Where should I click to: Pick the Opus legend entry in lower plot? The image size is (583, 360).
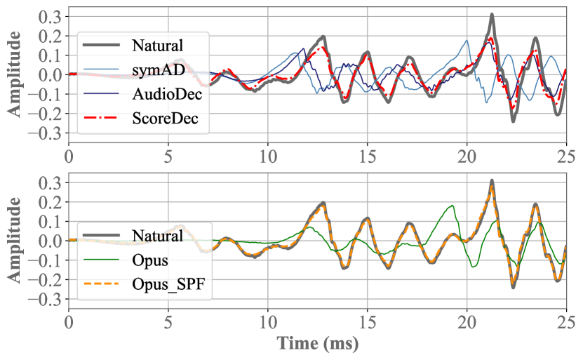pyautogui.click(x=149, y=260)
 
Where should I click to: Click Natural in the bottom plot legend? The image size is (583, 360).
pyautogui.click(x=158, y=236)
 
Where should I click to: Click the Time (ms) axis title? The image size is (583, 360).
pyautogui.click(x=318, y=345)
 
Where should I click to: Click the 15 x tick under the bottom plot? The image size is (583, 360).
pyautogui.click(x=368, y=322)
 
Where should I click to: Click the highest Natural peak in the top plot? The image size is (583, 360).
pyautogui.click(x=492, y=15)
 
